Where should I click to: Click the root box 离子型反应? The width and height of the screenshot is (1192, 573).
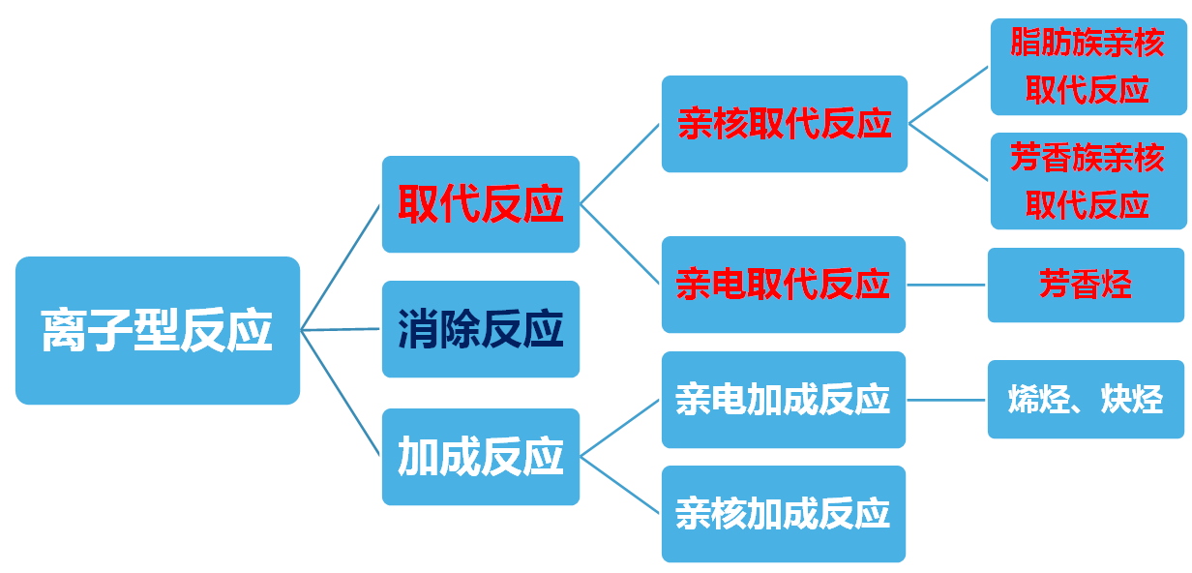pyautogui.click(x=157, y=330)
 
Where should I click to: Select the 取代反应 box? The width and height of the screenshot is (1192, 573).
pyautogui.click(x=480, y=204)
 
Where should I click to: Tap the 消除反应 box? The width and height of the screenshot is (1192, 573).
pyautogui.click(x=480, y=329)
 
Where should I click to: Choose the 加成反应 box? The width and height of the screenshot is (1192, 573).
pyautogui.click(x=480, y=457)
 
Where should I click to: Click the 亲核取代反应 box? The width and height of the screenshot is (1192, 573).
pyautogui.click(x=784, y=124)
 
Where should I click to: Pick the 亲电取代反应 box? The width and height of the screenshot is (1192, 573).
pyautogui.click(x=783, y=285)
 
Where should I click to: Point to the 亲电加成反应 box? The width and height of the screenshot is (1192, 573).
pyautogui.click(x=783, y=400)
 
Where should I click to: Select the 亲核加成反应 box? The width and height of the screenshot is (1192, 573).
pyautogui.click(x=783, y=514)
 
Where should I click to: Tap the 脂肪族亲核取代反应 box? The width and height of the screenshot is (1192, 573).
pyautogui.click(x=1088, y=66)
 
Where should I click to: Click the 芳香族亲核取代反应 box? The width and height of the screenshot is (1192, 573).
pyautogui.click(x=1088, y=181)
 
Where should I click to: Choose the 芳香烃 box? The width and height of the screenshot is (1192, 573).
pyautogui.click(x=1085, y=285)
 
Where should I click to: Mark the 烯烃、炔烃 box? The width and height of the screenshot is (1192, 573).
pyautogui.click(x=1085, y=400)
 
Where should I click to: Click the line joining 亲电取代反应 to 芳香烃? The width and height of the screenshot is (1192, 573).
pyautogui.click(x=946, y=285)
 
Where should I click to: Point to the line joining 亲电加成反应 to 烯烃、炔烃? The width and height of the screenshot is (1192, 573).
pyautogui.click(x=946, y=399)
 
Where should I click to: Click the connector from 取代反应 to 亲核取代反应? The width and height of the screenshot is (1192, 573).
pyautogui.click(x=620, y=165)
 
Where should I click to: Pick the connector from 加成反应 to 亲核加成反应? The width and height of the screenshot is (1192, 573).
pyautogui.click(x=620, y=484)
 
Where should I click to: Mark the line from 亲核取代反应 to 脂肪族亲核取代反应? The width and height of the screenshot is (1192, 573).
pyautogui.click(x=948, y=96)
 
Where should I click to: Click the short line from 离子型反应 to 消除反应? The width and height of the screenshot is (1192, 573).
pyautogui.click(x=341, y=329)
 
